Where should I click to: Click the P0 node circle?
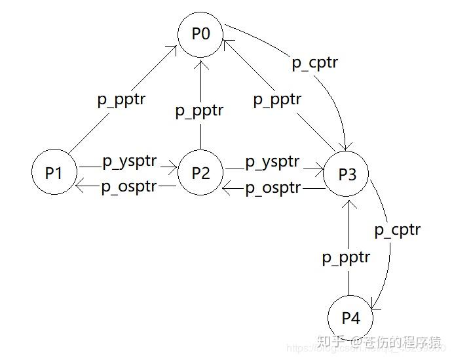click(201, 33)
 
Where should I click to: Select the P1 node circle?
click(54, 173)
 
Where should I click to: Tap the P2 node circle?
click(200, 173)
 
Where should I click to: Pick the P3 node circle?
click(347, 174)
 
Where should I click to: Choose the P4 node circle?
click(351, 319)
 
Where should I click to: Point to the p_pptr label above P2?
click(199, 111)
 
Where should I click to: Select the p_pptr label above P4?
click(346, 258)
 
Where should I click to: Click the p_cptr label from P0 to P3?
click(315, 64)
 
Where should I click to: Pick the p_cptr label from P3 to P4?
click(397, 230)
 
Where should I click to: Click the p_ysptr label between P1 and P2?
click(127, 161)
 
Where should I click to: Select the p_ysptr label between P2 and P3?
click(272, 161)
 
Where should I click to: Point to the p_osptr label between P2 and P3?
click(273, 188)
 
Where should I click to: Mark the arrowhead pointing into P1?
click(79, 187)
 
